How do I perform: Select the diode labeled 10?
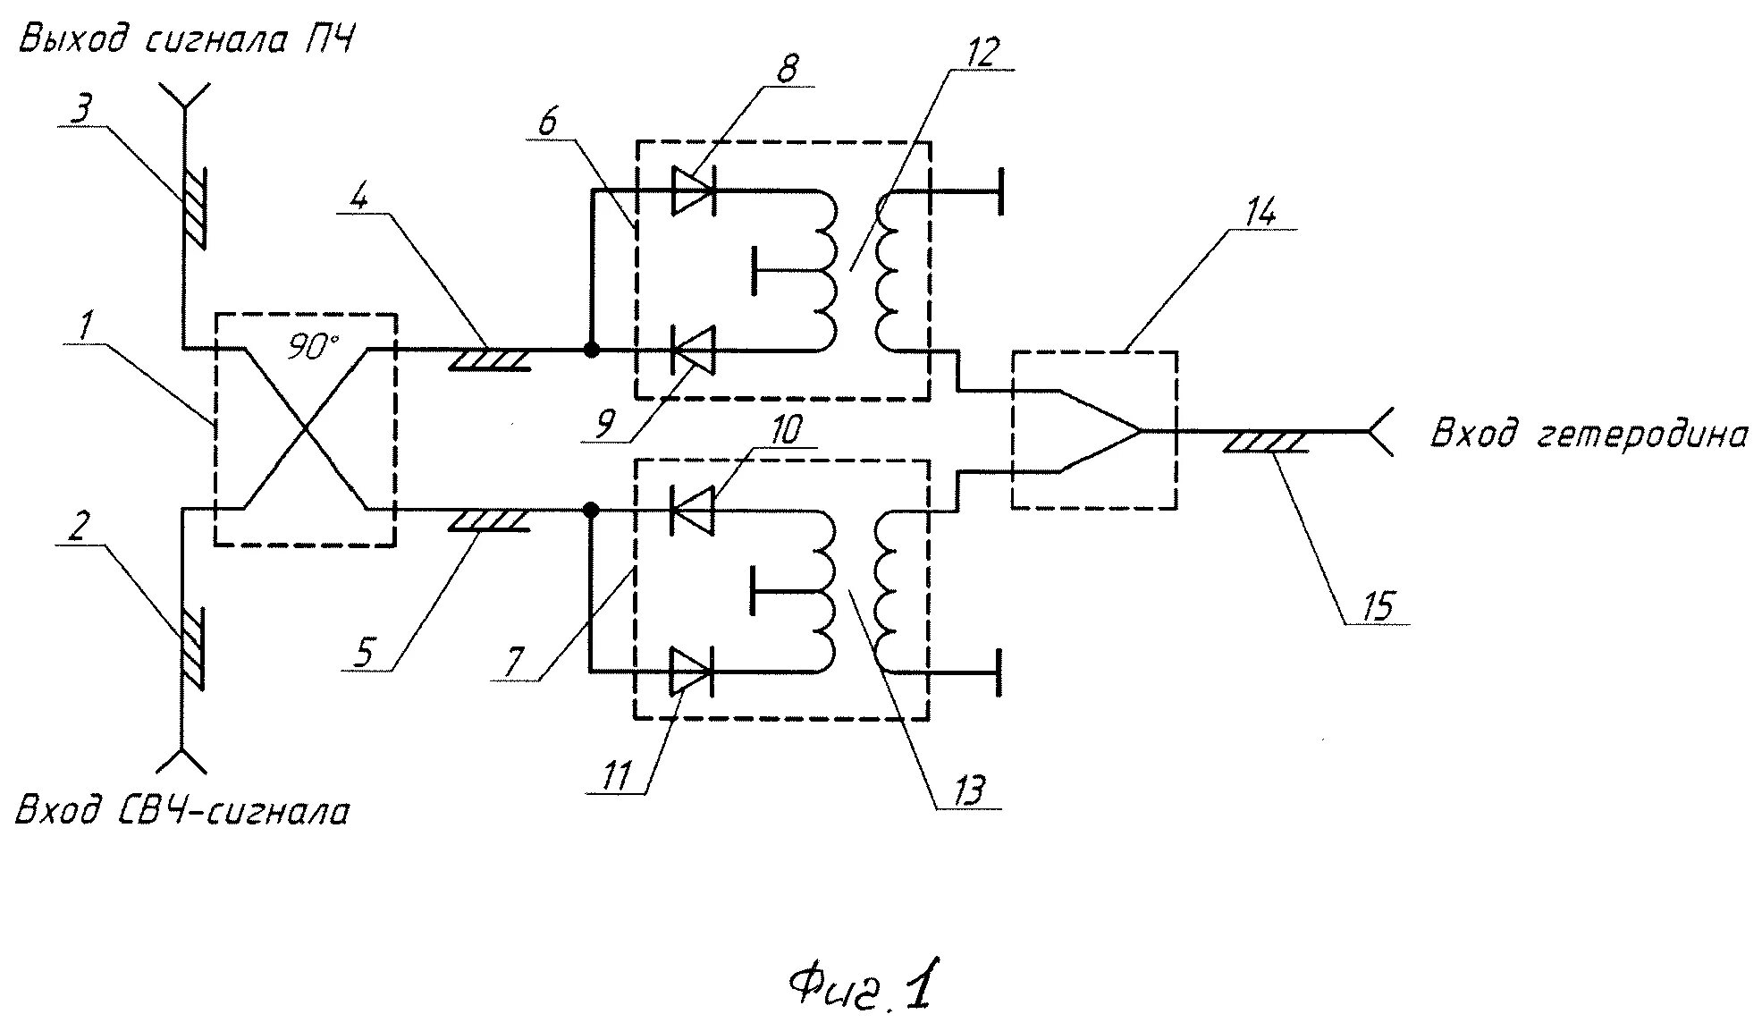click(x=692, y=511)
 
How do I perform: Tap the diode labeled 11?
click(x=692, y=671)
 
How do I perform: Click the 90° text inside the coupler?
click(x=308, y=347)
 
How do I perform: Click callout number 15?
click(x=1378, y=605)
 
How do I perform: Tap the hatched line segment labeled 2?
click(x=190, y=648)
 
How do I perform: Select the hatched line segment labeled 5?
click(x=487, y=520)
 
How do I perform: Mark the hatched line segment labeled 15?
click(x=1265, y=442)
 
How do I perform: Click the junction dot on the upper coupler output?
click(x=591, y=350)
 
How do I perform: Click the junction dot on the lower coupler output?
click(x=590, y=511)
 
